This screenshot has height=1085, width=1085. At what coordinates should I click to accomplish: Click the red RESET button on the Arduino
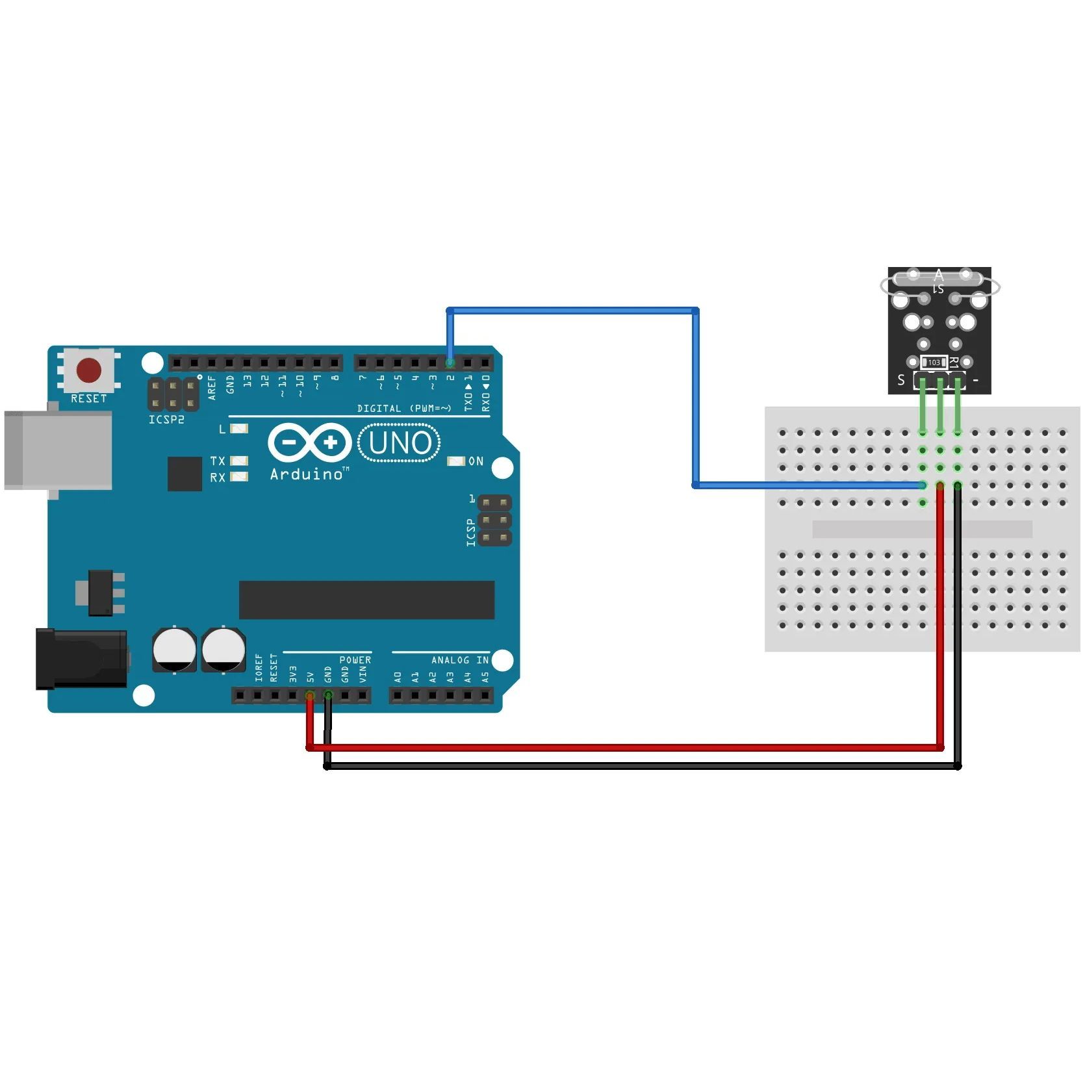89,370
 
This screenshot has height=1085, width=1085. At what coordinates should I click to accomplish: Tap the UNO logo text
400,443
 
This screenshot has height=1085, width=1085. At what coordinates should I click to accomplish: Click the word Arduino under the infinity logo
307,474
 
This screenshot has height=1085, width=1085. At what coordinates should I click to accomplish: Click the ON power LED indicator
456,461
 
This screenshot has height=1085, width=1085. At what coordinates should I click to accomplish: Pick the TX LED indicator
239,461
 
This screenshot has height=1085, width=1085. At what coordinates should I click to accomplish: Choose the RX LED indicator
239,477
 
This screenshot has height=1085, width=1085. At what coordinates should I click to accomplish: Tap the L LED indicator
239,429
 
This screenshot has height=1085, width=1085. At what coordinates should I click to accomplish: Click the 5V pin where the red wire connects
310,696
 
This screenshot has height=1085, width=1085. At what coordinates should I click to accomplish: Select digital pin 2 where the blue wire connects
450,363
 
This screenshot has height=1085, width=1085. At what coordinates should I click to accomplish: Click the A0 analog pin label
398,677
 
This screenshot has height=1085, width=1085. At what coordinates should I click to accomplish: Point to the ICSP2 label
166,420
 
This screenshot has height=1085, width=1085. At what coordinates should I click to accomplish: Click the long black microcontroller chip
366,600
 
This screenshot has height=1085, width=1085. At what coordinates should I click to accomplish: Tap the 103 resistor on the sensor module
934,363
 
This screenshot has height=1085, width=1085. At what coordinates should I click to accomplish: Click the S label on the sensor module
901,380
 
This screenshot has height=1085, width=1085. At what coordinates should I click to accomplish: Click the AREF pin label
212,387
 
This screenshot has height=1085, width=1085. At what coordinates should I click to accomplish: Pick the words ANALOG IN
459,660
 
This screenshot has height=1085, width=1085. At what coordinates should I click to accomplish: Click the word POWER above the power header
355,660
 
